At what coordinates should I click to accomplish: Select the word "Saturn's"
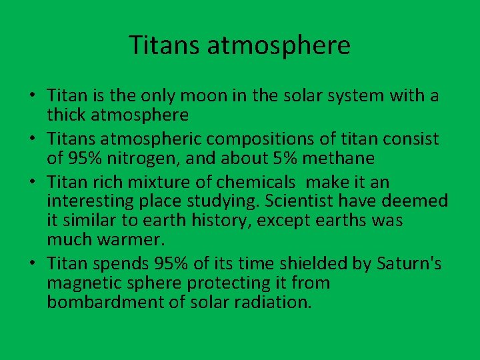408,264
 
